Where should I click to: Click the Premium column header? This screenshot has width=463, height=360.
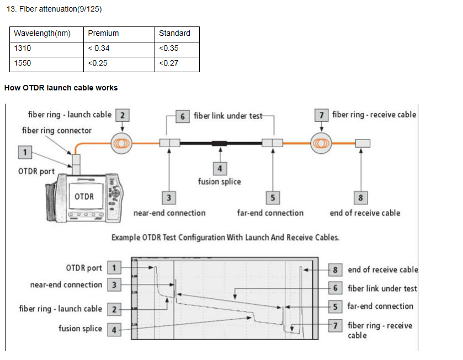point(103,33)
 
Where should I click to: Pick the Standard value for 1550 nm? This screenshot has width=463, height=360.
point(169,63)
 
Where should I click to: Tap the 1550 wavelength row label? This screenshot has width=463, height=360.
point(23,63)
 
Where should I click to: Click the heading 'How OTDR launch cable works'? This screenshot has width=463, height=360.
point(61,88)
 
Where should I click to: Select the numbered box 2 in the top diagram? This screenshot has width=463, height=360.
point(123,115)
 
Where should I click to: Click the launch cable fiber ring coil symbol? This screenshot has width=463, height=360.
point(121,143)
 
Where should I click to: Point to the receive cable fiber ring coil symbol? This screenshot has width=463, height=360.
point(321,143)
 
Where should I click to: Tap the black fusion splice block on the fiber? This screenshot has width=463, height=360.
point(220,144)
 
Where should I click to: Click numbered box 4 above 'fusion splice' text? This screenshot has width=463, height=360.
point(220,169)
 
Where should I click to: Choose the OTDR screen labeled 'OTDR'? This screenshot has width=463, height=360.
point(86,196)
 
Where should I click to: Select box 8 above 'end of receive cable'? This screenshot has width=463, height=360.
point(360,198)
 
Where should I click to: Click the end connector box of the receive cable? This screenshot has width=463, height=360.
point(363,143)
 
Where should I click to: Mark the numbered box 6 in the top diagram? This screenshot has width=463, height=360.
point(183,116)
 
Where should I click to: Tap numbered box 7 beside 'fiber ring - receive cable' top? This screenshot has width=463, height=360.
point(322,115)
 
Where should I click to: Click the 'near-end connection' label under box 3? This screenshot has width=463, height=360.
point(169,213)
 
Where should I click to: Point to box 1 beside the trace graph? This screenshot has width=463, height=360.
point(114,268)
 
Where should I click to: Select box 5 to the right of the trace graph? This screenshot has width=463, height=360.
point(335,307)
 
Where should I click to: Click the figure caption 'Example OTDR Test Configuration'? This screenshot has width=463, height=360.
point(225,238)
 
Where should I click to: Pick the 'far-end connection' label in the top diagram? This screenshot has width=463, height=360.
point(270,213)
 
